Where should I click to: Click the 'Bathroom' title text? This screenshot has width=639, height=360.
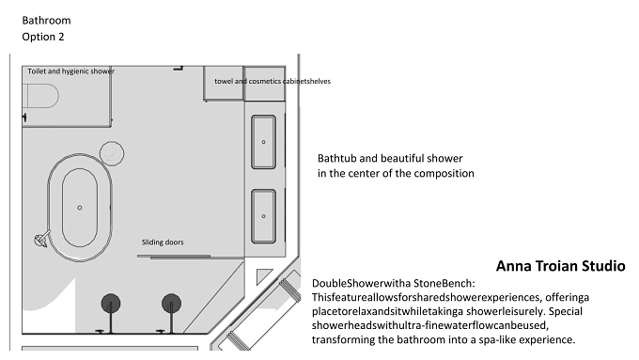pos(46,21)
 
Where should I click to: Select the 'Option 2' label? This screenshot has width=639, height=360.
pos(43,37)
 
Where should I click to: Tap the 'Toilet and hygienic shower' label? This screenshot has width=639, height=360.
pos(70,70)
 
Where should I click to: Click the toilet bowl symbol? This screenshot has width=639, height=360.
pos(40,96)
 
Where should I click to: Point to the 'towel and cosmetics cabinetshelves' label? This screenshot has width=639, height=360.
pos(273,81)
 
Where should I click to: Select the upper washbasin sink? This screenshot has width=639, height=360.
pos(263,142)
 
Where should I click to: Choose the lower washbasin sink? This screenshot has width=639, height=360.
pos(263,216)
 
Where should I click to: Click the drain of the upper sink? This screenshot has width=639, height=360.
pos(263,142)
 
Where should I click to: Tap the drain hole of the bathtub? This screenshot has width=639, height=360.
pos(80,208)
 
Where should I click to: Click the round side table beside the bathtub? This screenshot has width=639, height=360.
pos(112,153)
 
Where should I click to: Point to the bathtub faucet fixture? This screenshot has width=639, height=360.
pos(42,239)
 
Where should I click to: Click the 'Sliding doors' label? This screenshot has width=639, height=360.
pos(163,243)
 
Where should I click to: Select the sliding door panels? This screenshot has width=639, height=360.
pos(174,257)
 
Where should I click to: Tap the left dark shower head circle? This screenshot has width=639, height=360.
pos(111,304)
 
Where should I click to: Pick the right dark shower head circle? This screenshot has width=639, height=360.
pos(171,304)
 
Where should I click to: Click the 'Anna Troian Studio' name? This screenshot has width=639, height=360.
pos(560,266)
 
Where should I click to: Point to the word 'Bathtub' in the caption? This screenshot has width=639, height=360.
pos(336,158)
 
